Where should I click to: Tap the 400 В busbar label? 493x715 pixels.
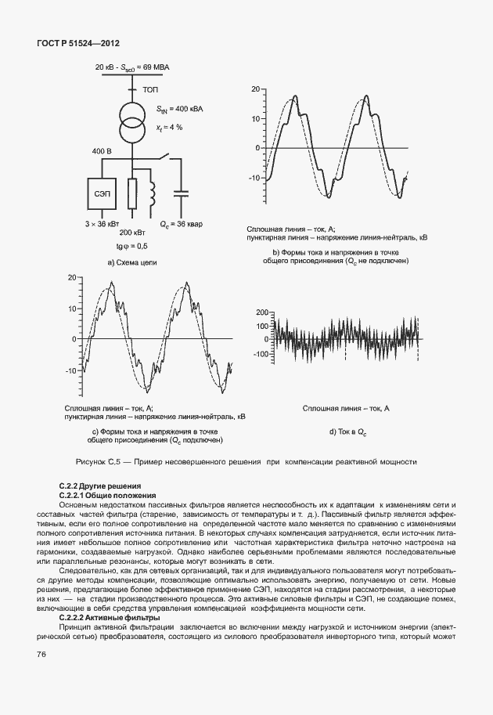(x=103, y=150)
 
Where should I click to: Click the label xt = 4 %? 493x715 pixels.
(x=169, y=126)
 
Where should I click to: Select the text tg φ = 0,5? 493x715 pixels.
(x=131, y=246)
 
